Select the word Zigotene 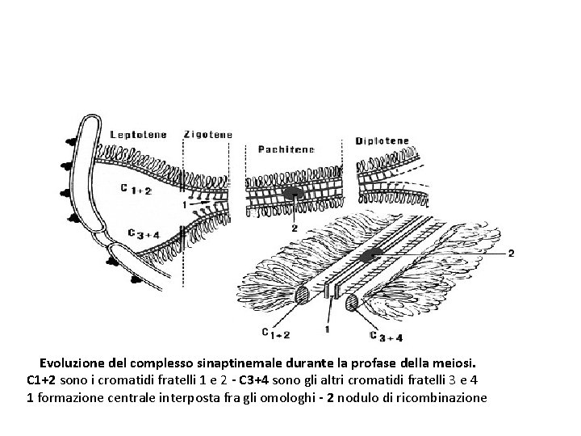[x=208, y=134]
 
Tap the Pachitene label [x=286, y=149]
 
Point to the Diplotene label [x=382, y=140]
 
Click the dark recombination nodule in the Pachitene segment [x=290, y=194]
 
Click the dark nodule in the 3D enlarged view [x=372, y=256]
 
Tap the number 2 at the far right [x=510, y=254]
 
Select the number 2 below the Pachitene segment [x=294, y=228]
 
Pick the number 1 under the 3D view [x=326, y=329]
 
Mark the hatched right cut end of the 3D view [x=353, y=303]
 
